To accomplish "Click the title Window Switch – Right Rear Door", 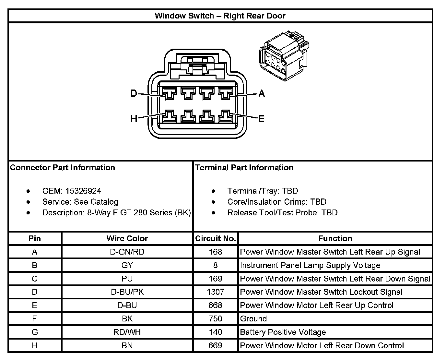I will (x=220, y=16).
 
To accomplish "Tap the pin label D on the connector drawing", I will (x=134, y=94).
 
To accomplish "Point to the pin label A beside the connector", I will (x=262, y=94).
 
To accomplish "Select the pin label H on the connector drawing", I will (x=134, y=119).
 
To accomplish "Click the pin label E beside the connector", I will (x=262, y=119).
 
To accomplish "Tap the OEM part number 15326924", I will (x=83, y=191).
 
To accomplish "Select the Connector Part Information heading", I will (x=63, y=168).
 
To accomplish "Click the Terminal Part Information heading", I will (x=244, y=168).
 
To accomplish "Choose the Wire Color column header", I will (x=127, y=239).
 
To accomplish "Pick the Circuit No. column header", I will (x=215, y=239).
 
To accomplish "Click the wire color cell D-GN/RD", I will (x=127, y=252).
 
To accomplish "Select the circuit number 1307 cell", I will (x=215, y=292).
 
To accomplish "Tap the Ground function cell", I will (x=253, y=319).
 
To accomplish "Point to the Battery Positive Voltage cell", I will (x=283, y=332).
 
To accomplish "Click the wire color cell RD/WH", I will (x=127, y=332).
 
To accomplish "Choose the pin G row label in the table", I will (x=35, y=332).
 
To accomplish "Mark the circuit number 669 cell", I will (x=215, y=345).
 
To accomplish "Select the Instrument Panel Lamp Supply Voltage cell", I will (x=310, y=265).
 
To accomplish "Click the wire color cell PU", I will (x=127, y=279).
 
